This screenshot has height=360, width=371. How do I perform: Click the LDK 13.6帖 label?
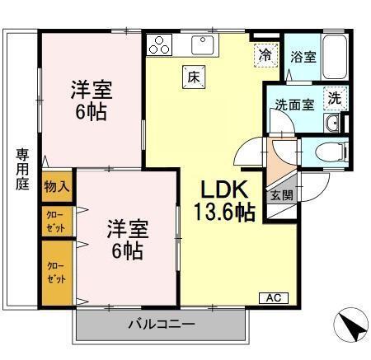pyautogui.click(x=223, y=200)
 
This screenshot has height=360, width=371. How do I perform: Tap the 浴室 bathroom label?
pyautogui.click(x=303, y=58)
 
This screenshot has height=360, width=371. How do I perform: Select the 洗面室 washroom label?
pyautogui.click(x=294, y=105)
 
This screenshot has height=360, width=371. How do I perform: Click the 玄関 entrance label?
pyautogui.click(x=280, y=195)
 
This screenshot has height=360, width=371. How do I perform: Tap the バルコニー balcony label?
pyautogui.click(x=161, y=324)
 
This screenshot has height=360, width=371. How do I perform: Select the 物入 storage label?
pyautogui.click(x=56, y=186)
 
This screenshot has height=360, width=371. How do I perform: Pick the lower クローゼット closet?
pyautogui.click(x=56, y=272)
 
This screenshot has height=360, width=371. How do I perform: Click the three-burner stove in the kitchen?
pyautogui.click(x=160, y=45)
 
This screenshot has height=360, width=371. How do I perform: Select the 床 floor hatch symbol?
pyautogui.click(x=195, y=76)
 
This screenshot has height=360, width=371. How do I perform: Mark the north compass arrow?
pyautogui.click(x=350, y=327)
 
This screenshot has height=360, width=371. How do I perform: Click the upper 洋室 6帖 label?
pyautogui.click(x=91, y=99)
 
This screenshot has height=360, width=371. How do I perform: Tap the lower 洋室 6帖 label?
pyautogui.click(x=126, y=237)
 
